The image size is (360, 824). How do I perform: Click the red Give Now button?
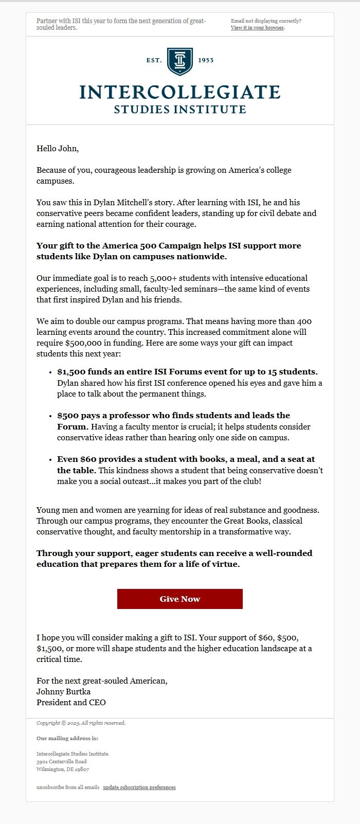pos(179,599)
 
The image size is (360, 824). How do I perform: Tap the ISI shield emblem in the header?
pos(179,61)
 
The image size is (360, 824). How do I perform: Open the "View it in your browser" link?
pos(257,28)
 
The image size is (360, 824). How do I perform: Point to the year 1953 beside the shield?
pos(205,60)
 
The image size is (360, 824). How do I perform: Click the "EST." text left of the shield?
pos(154,60)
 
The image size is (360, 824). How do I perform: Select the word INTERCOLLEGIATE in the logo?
pos(179,92)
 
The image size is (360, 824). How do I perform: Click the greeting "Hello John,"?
pos(58,149)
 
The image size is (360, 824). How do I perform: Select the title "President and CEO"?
pos(71,702)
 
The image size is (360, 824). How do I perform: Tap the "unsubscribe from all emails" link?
pos(68,787)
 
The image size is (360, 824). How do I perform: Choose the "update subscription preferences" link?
pos(139,787)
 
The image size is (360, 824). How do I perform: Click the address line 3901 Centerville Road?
pos(61,761)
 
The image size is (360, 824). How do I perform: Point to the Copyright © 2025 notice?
pos(81,723)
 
